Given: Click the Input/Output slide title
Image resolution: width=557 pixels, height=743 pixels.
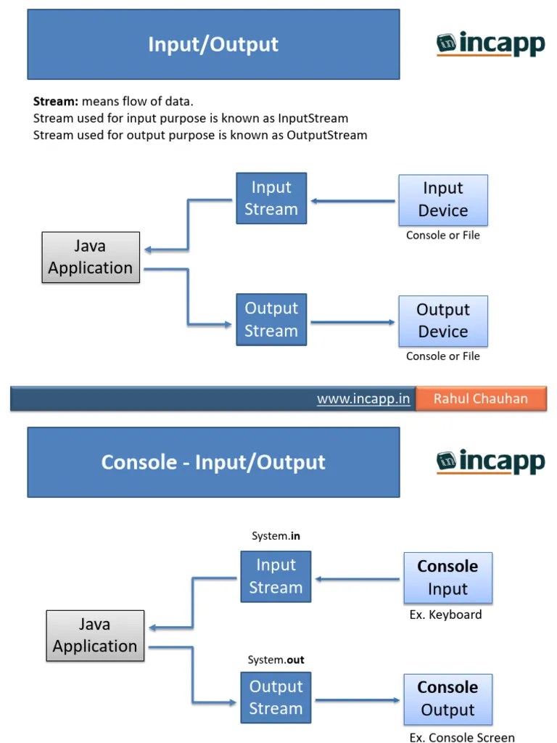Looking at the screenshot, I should click(213, 44).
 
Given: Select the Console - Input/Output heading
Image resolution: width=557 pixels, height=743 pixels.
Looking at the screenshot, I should click(213, 462).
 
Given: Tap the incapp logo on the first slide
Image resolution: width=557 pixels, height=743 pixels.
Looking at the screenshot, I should click(490, 44).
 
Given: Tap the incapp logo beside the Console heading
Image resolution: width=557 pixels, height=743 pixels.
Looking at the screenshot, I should click(490, 461).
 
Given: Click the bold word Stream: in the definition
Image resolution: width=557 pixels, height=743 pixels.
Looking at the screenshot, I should click(56, 102).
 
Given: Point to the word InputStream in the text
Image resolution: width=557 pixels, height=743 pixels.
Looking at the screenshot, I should click(313, 118).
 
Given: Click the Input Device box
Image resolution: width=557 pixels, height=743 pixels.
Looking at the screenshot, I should click(442, 200).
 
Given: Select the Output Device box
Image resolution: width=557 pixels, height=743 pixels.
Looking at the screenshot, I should click(442, 321).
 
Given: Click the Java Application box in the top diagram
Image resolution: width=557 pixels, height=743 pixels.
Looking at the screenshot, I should click(91, 258).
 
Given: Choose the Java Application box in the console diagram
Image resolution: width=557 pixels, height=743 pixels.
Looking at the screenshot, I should click(95, 636).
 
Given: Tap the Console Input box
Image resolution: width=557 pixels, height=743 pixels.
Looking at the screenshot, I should click(447, 578).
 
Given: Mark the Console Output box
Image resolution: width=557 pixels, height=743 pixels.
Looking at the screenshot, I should click(447, 699).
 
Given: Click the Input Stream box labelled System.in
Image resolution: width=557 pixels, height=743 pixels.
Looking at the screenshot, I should click(276, 576).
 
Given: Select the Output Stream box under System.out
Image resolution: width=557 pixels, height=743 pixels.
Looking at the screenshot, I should click(276, 697).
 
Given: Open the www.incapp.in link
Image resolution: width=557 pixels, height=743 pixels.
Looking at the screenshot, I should click(363, 399).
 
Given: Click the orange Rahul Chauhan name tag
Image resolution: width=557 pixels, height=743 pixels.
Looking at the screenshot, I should click(481, 399).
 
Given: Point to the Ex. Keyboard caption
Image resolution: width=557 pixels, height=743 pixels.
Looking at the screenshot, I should click(445, 615).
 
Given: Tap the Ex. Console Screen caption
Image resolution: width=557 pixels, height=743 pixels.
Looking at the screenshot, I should click(461, 737).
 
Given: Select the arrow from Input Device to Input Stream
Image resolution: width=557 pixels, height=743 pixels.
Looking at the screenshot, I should click(352, 200).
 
